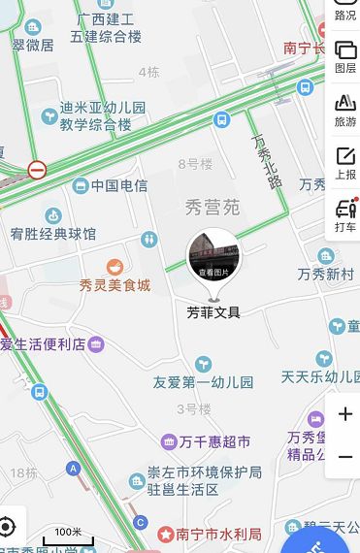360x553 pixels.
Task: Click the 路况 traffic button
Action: coord(345,12)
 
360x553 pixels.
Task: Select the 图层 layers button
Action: coord(345,56)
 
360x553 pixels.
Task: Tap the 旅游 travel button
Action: coord(345,110)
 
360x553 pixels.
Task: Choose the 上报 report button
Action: coord(345,163)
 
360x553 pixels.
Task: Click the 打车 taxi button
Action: coord(345,215)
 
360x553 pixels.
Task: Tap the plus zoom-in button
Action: coord(345,414)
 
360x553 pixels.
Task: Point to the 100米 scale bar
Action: coord(67,537)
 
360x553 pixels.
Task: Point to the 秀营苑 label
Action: coord(211,206)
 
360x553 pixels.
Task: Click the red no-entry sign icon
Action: coord(37,170)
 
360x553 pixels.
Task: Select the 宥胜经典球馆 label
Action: coord(53,234)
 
